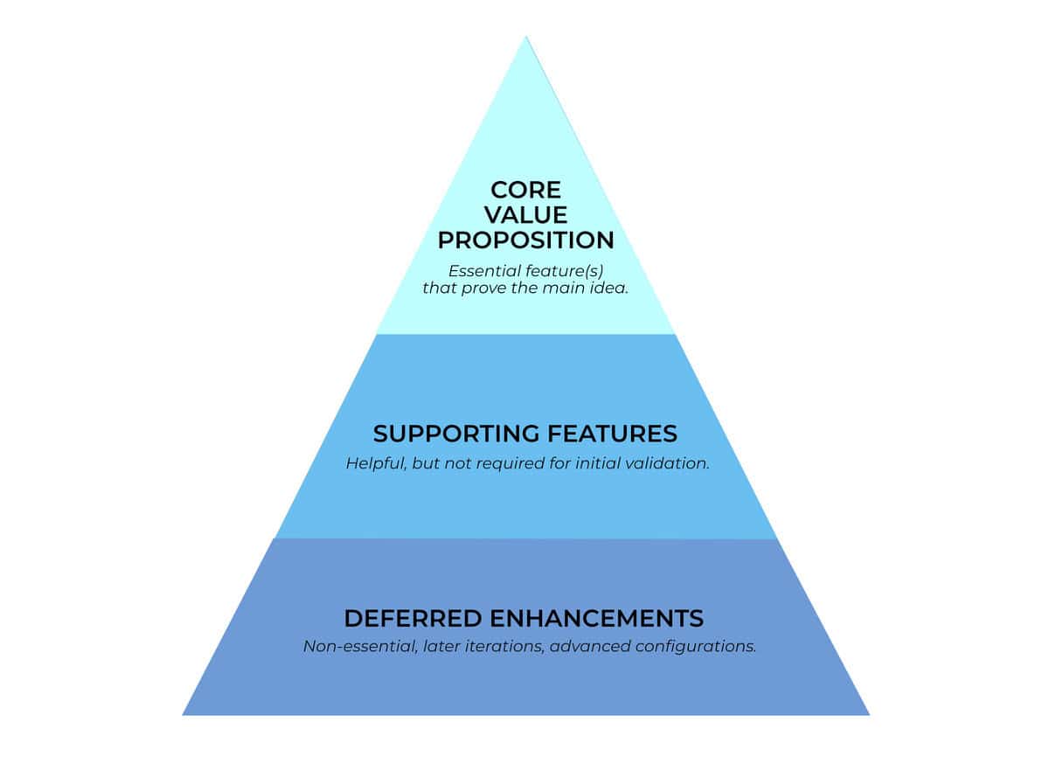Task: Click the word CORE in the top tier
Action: point(525,190)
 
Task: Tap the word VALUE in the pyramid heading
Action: point(525,214)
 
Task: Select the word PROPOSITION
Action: point(525,240)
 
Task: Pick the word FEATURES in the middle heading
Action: point(611,434)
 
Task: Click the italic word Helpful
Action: point(374,463)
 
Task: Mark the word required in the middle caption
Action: point(512,463)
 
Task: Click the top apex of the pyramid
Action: point(525,37)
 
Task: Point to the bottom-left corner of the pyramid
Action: point(184,714)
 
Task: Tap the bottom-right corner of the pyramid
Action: point(868,714)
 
